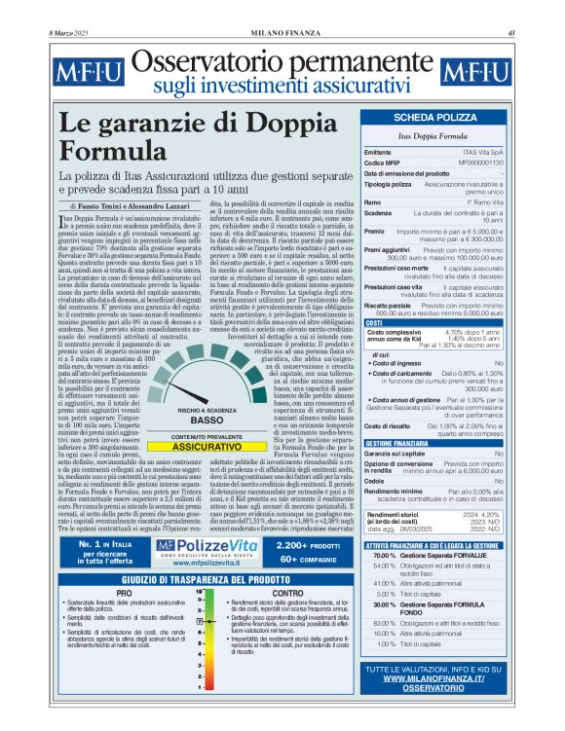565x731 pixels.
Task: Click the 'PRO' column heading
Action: (124, 592)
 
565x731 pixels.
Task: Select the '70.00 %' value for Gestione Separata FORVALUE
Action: (384, 554)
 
